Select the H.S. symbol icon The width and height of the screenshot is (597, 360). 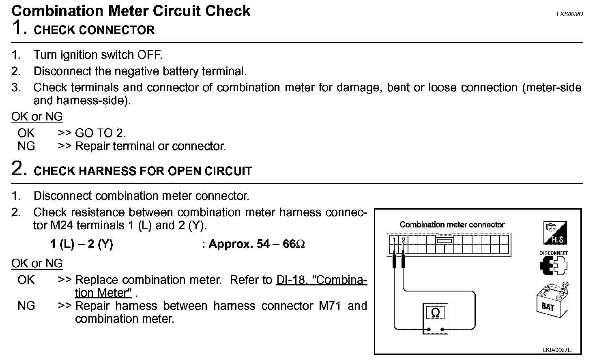(x=554, y=233)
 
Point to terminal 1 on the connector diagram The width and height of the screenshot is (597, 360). (x=394, y=240)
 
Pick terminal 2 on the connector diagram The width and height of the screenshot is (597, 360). (x=404, y=240)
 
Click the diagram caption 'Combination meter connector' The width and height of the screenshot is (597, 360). (x=452, y=225)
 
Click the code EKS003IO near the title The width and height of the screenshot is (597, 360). (x=569, y=14)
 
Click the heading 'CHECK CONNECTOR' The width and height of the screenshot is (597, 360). (x=94, y=30)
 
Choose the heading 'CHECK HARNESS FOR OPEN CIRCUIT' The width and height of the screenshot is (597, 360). (x=143, y=171)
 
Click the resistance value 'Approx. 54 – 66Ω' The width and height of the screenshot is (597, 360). (x=257, y=244)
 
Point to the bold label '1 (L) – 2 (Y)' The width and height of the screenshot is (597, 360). (x=82, y=244)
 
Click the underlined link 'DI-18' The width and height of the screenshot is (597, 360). (x=290, y=280)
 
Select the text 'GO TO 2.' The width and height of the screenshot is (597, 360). (x=100, y=133)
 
